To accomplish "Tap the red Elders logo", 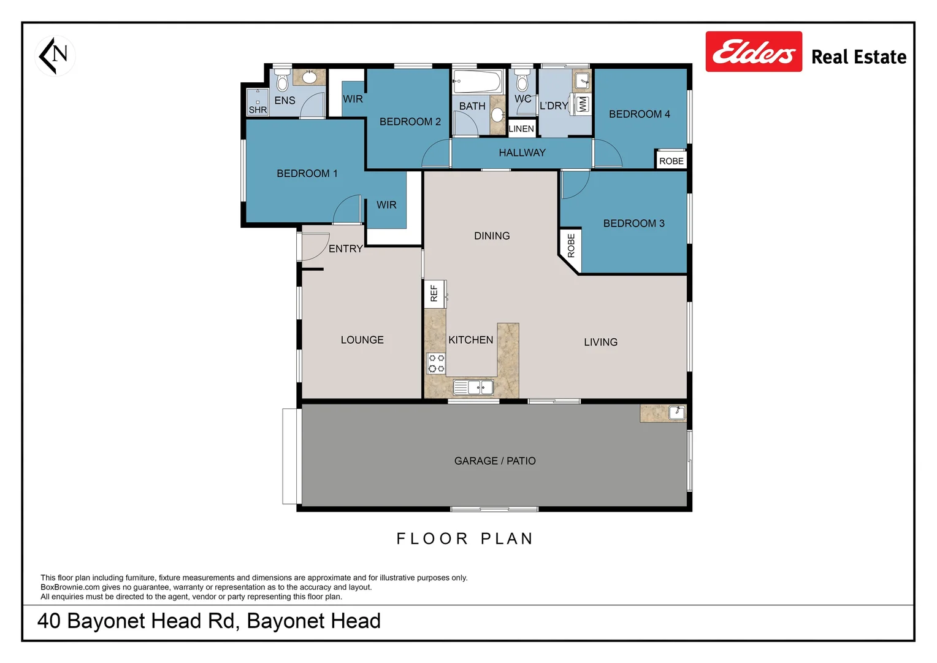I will pyautogui.click(x=754, y=52).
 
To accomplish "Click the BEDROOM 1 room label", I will pyautogui.click(x=307, y=174).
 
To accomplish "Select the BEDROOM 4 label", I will pyautogui.click(x=639, y=114).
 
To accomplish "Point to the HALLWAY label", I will pyautogui.click(x=522, y=153).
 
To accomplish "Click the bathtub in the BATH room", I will pyautogui.click(x=477, y=81).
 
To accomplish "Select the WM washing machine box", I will pyautogui.click(x=582, y=104).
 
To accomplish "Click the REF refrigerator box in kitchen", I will pyautogui.click(x=434, y=293).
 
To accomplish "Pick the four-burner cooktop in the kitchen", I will pyautogui.click(x=436, y=363).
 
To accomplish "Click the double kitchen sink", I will pyautogui.click(x=473, y=387).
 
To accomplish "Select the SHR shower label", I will pyautogui.click(x=258, y=110).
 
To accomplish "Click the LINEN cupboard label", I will pyautogui.click(x=521, y=129).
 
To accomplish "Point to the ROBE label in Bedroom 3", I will pyautogui.click(x=571, y=246).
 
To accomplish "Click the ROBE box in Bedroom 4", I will pyautogui.click(x=671, y=161).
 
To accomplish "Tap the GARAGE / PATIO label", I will pyautogui.click(x=495, y=461).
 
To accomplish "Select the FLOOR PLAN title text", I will pyautogui.click(x=465, y=539).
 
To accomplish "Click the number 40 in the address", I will pyautogui.click(x=49, y=621).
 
